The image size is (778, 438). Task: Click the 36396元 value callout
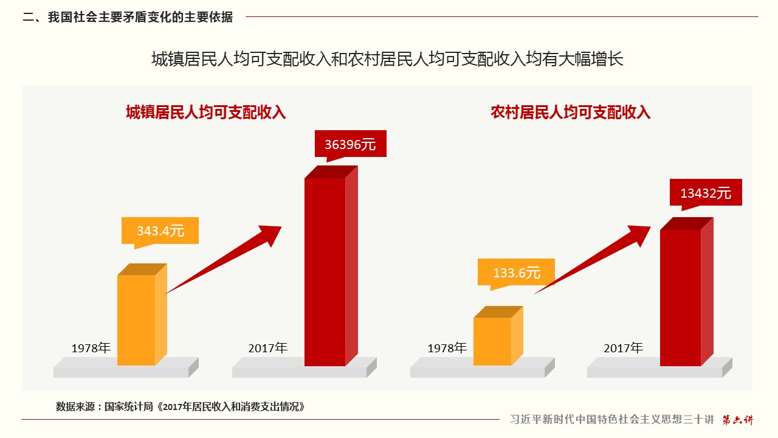coord(350,144)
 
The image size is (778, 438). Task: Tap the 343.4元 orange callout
coord(160,231)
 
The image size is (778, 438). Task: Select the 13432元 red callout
coord(706,193)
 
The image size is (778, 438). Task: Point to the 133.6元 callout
coord(516,273)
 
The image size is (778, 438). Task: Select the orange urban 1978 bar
coord(136,319)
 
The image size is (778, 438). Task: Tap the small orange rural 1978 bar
coord(492,341)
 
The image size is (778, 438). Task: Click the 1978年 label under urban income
coord(91,349)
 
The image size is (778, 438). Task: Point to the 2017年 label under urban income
coord(267,349)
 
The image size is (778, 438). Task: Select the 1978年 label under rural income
coord(447,349)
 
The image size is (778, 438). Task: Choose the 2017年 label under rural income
coord(623,349)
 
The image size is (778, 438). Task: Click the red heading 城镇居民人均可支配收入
coord(205,113)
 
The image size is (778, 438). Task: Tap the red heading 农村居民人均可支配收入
coord(570,113)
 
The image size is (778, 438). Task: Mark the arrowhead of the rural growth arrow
coord(637,234)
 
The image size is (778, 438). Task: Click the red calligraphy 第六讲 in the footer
coord(737,420)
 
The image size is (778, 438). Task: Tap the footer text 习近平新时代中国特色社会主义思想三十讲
coord(611,420)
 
